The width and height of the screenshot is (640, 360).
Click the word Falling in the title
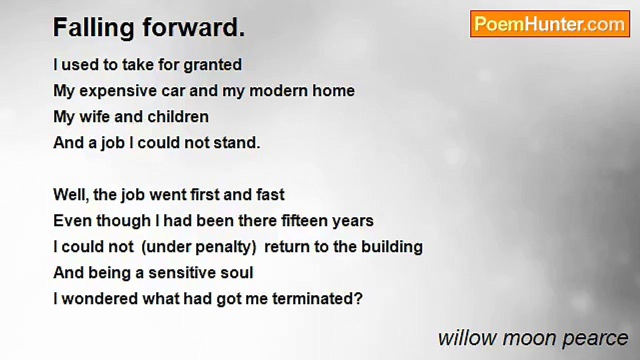(93, 28)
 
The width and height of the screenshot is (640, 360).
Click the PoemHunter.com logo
(549, 24)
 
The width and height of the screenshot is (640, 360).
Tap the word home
(333, 91)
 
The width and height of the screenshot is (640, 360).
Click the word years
(353, 221)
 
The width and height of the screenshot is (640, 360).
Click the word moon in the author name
(530, 338)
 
